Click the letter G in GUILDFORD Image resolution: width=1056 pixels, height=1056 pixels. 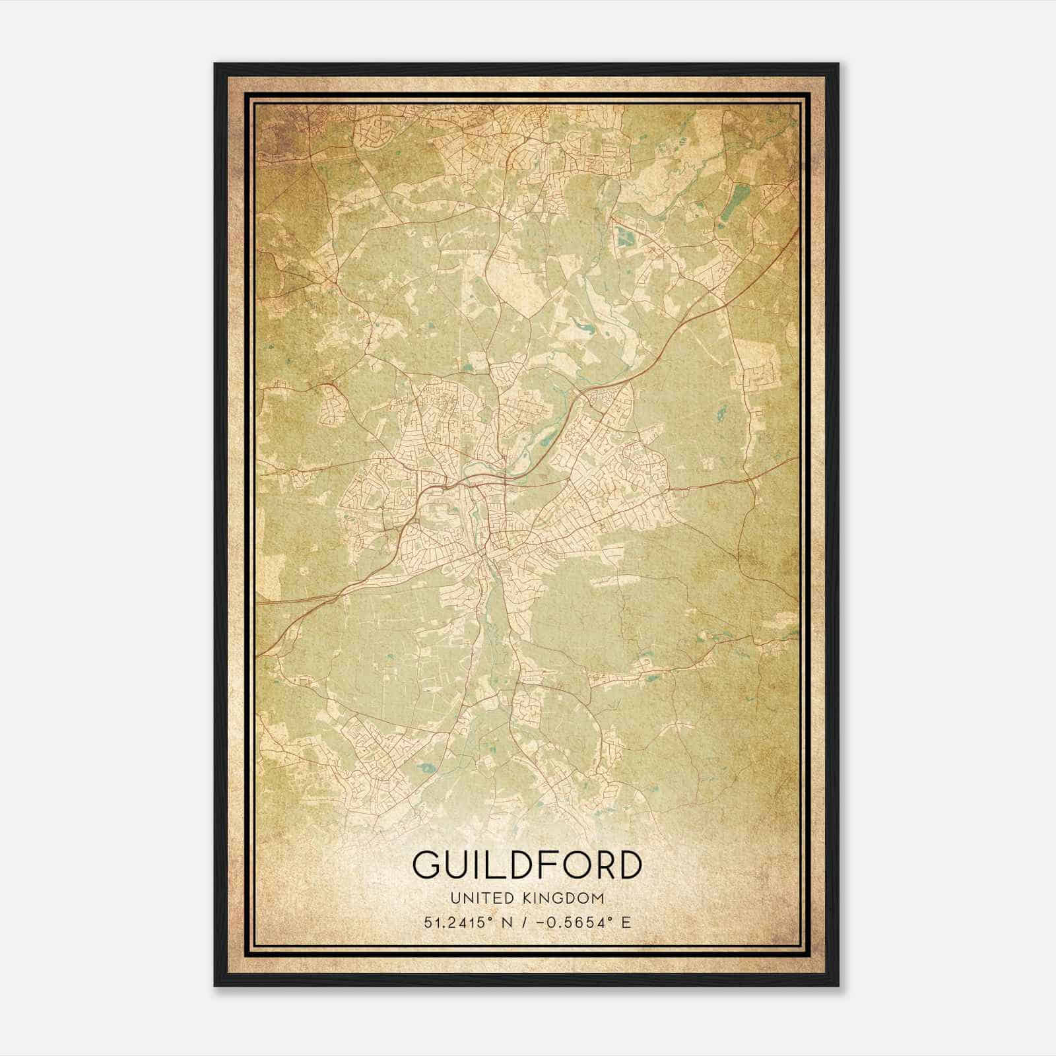[x=429, y=865]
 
